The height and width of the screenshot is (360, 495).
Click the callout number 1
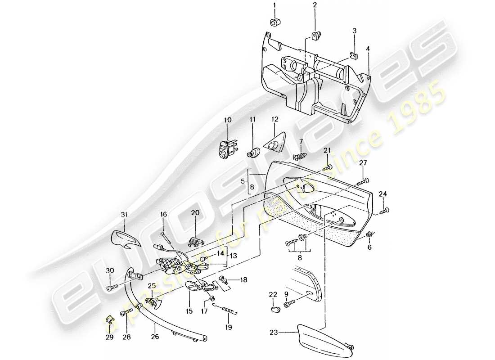point(273,6)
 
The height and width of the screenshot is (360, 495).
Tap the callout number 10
point(227,120)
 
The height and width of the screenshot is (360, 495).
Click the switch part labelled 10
point(227,150)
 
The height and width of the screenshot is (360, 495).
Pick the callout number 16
point(163,215)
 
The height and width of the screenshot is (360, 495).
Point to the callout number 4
point(368,47)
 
